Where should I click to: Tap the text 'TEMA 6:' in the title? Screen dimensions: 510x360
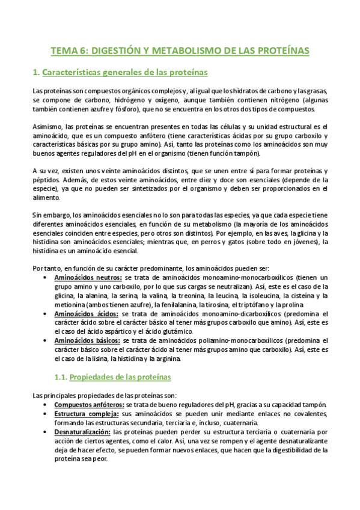tap(68, 51)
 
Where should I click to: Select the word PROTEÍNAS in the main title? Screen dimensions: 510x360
tap(279, 51)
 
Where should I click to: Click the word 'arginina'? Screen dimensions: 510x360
tap(176, 358)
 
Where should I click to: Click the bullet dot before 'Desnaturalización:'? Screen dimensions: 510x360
tap(47, 432)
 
